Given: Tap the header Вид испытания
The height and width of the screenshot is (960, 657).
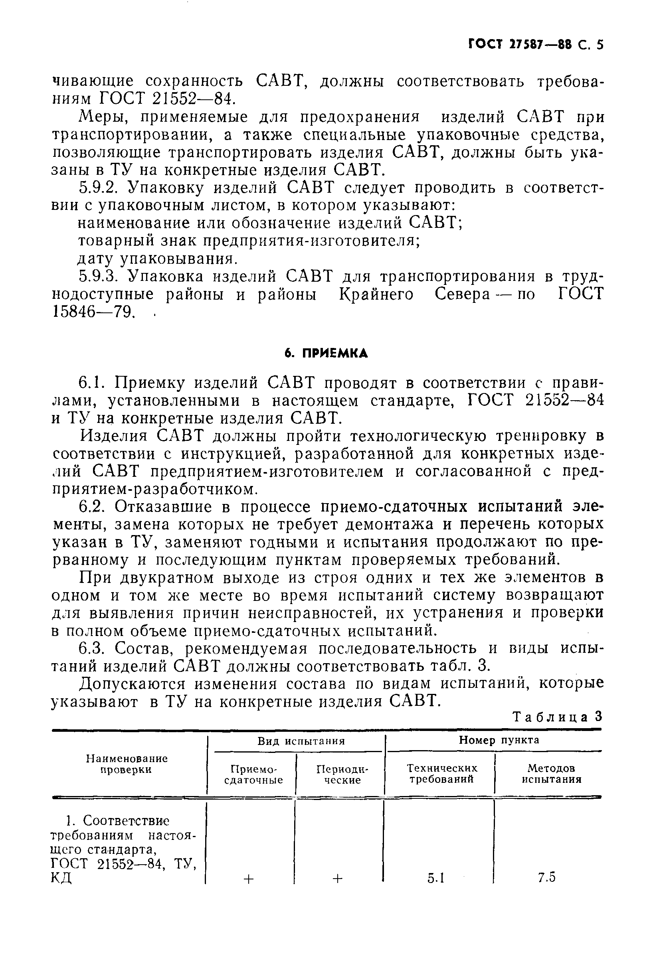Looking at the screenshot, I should tap(301, 741).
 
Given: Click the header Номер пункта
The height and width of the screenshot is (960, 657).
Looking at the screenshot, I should tap(499, 740).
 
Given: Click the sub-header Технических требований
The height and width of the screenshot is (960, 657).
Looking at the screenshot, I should tap(442, 774).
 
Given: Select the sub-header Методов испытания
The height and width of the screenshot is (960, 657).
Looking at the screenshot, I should tap(551, 774).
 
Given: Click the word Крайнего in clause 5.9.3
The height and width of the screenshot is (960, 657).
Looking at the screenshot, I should tap(376, 294).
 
